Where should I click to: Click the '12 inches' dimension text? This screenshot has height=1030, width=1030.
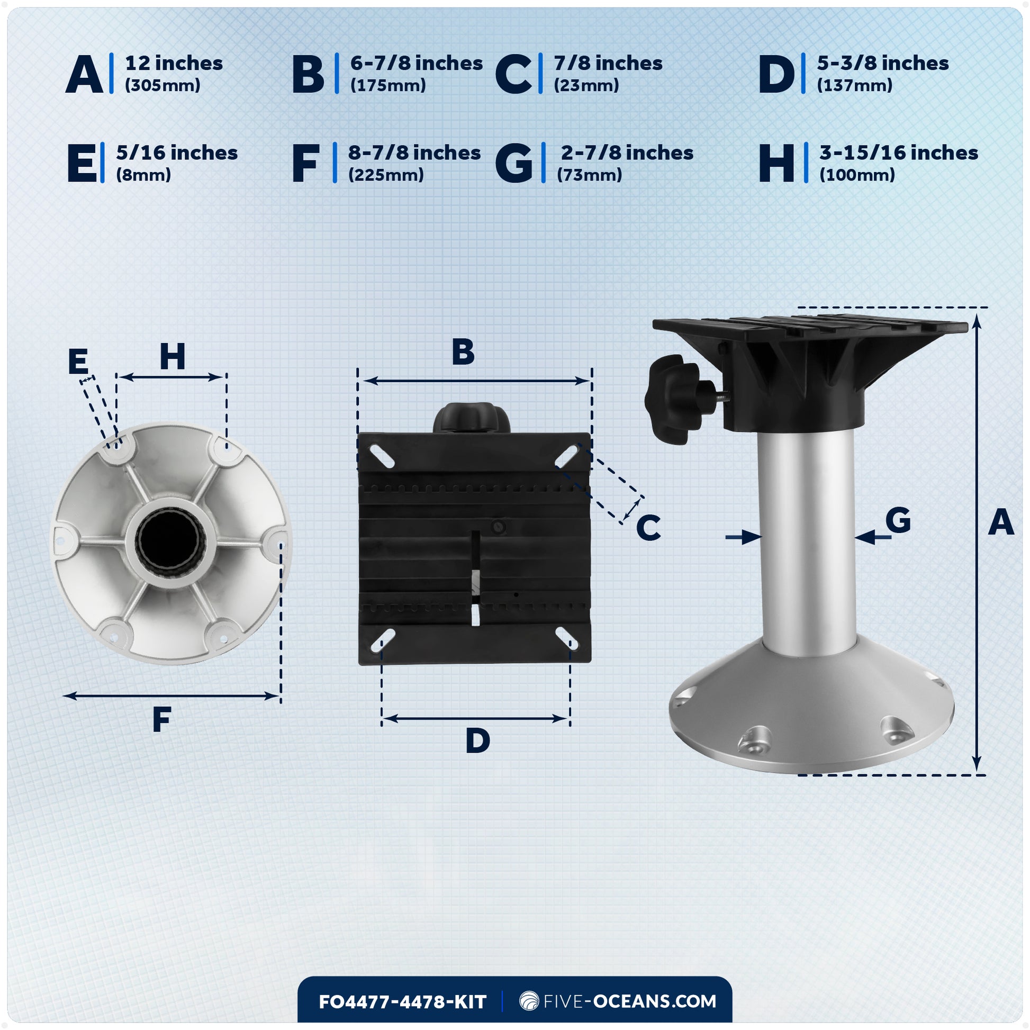174,64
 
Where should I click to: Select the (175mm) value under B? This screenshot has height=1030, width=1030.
387,85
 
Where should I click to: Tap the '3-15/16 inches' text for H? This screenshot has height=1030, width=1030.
898,153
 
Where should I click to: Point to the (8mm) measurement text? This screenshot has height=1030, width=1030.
143,175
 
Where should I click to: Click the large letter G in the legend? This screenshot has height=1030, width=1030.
513,163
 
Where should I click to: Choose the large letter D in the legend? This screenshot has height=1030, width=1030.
776,74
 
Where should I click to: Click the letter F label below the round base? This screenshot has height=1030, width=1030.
161,720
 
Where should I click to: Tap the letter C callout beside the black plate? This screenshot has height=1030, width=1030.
648,528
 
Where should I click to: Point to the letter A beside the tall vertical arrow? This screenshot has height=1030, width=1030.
1001,523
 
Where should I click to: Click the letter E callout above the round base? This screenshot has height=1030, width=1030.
78,362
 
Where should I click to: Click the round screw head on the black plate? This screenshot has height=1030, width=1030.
499,527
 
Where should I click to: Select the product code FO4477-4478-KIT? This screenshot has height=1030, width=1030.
402,1002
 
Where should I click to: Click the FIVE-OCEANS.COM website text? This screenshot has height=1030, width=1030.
630,1001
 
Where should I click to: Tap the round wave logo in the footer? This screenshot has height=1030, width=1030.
529,1001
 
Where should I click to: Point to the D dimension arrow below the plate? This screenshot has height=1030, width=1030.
475,719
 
